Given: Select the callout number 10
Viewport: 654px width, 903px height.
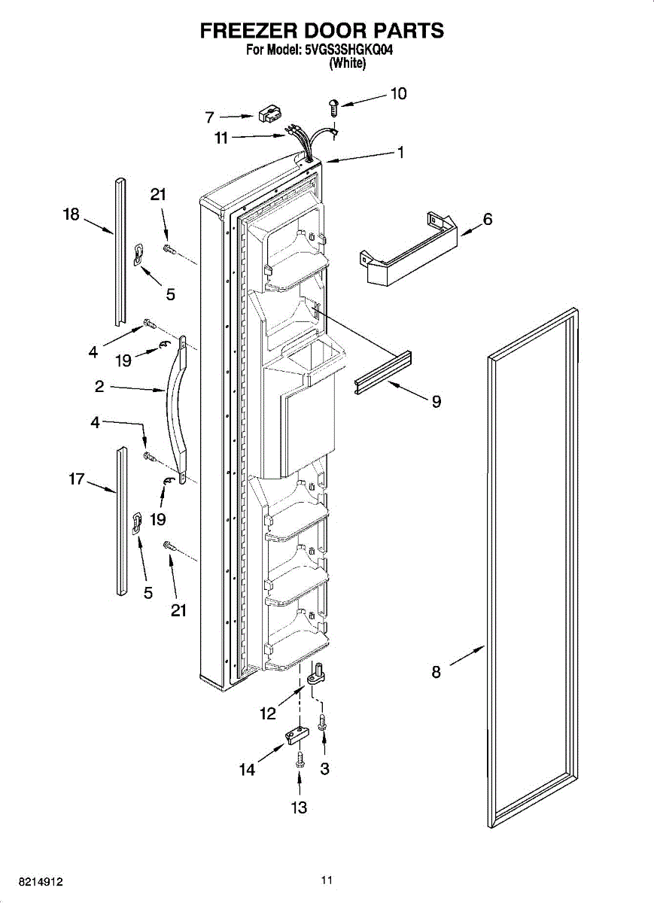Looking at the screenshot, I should tap(398, 93).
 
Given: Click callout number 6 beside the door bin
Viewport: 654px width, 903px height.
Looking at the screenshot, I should tap(488, 219).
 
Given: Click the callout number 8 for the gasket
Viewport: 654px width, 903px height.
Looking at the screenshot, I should tap(436, 672).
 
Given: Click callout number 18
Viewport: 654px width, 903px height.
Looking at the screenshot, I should tap(71, 215).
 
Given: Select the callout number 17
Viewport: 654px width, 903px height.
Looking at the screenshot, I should tap(76, 479).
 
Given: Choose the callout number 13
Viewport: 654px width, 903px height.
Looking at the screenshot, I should tap(299, 807).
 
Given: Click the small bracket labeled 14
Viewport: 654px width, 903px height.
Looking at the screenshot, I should tap(296, 735).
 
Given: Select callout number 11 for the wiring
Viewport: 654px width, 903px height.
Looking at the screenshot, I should tap(221, 138).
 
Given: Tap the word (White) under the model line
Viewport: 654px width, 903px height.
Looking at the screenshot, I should tap(348, 65).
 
